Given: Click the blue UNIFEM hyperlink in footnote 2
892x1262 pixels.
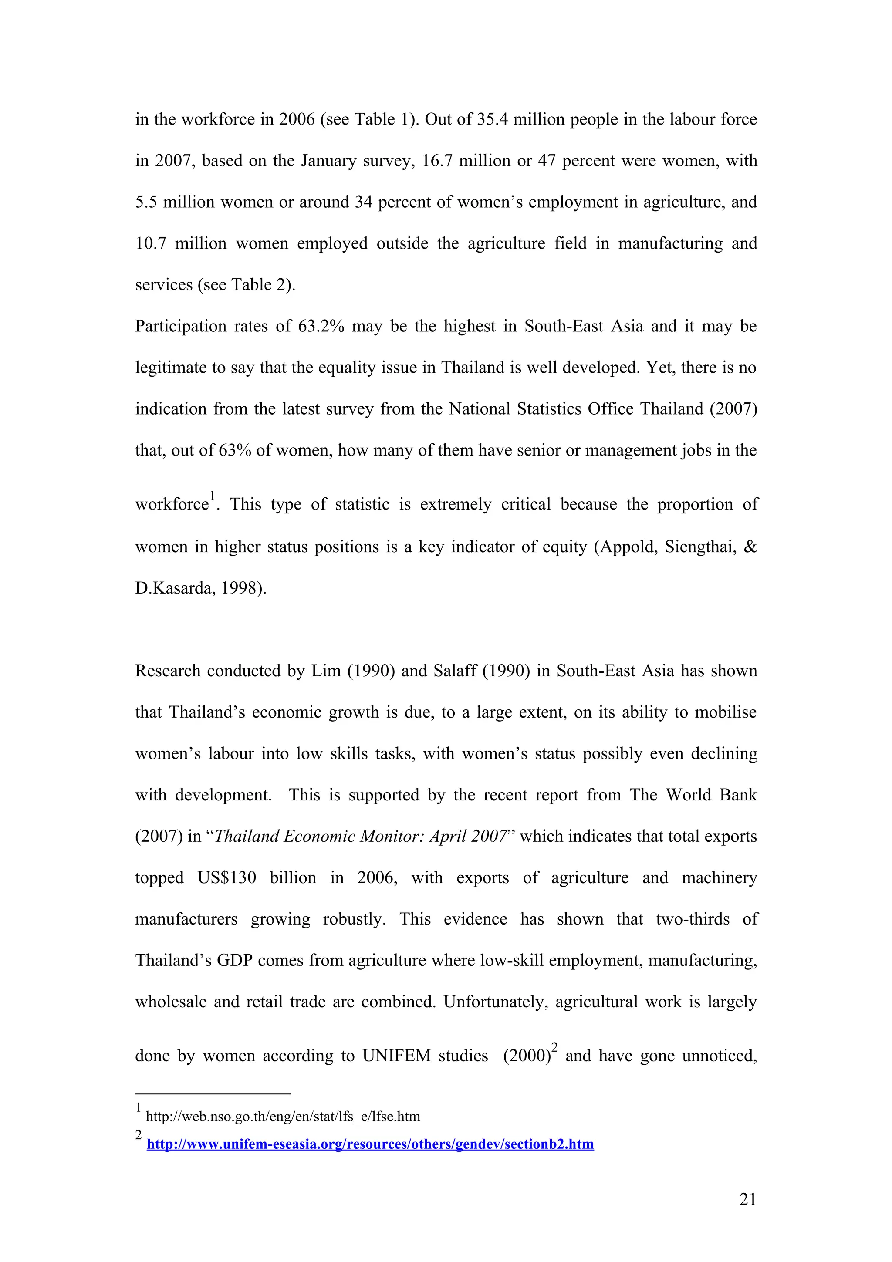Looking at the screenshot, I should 370,1144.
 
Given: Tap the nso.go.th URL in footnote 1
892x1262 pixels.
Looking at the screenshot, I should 283,1117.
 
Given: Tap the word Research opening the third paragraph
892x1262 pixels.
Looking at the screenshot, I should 168,671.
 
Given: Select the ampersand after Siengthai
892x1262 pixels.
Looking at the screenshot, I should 750,547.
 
